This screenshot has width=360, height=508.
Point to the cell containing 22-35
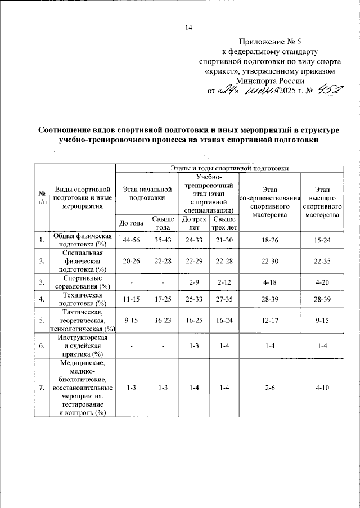[x=322, y=260]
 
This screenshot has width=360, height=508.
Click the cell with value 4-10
[x=322, y=388]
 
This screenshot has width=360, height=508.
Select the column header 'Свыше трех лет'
[x=223, y=223]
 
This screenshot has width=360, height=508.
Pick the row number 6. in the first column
[x=42, y=345]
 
